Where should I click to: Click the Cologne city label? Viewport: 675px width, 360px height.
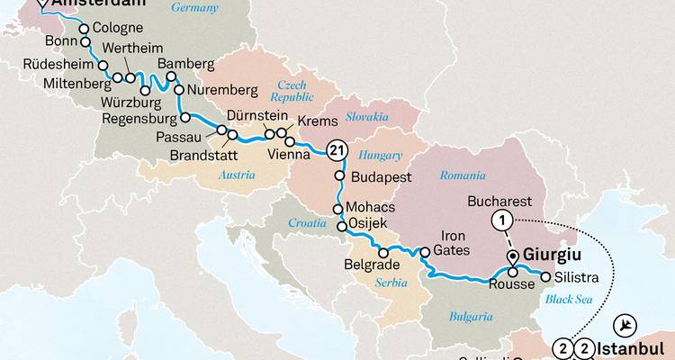[x=119, y=28]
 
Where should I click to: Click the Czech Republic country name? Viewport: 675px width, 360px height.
[x=289, y=89]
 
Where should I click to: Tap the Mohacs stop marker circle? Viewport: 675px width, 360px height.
[x=339, y=209]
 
